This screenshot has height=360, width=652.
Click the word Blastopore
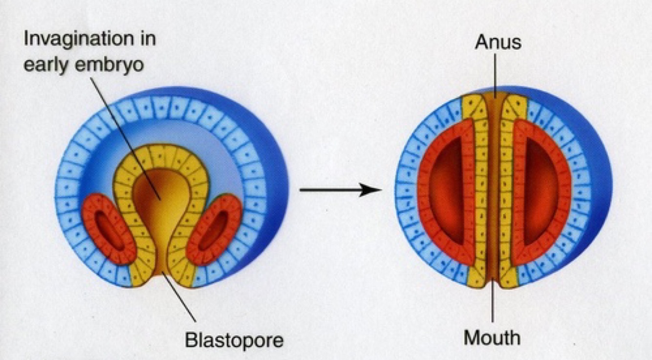tap(234, 339)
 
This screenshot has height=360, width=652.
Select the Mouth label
tap(492, 337)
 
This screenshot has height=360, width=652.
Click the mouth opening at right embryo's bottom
tap(495, 283)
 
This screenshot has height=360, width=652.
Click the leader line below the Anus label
tap(495, 73)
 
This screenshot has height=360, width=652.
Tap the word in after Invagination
tap(147, 38)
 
